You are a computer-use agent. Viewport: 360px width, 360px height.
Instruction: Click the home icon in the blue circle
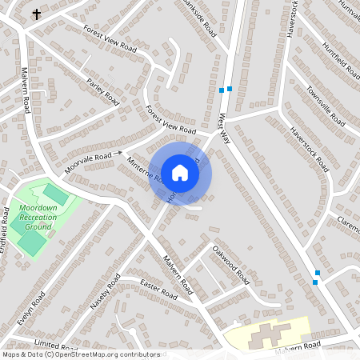tap(180, 172)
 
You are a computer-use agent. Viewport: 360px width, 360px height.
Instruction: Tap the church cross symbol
tap(36, 14)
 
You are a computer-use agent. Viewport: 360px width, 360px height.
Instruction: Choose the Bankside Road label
tap(200, 18)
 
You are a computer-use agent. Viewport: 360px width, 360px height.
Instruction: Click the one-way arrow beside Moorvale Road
tap(118, 152)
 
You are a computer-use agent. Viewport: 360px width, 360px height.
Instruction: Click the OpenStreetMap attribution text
tap(80, 354)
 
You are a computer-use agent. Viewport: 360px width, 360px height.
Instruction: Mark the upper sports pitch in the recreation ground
tap(56, 194)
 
